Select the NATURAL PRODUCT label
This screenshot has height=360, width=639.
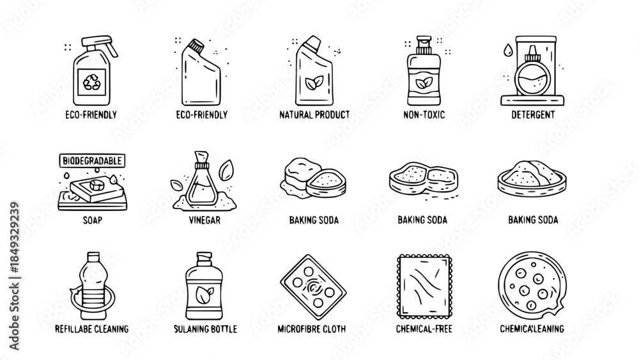314,115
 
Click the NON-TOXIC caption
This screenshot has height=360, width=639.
424,115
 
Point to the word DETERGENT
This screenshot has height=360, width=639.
533,115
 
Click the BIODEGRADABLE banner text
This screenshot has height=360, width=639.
92,160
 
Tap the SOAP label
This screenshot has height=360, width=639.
92,220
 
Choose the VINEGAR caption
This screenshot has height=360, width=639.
204,220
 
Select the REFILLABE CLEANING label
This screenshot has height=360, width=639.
91,329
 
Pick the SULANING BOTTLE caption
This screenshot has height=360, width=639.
205,329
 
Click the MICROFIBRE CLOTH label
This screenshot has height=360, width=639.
312,329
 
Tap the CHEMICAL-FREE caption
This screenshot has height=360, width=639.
424,329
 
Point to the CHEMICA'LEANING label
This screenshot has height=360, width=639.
532,329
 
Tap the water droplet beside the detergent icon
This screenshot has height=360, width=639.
507,50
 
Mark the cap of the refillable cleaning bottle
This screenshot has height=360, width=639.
93,256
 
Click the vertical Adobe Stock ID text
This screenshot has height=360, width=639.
14,276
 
